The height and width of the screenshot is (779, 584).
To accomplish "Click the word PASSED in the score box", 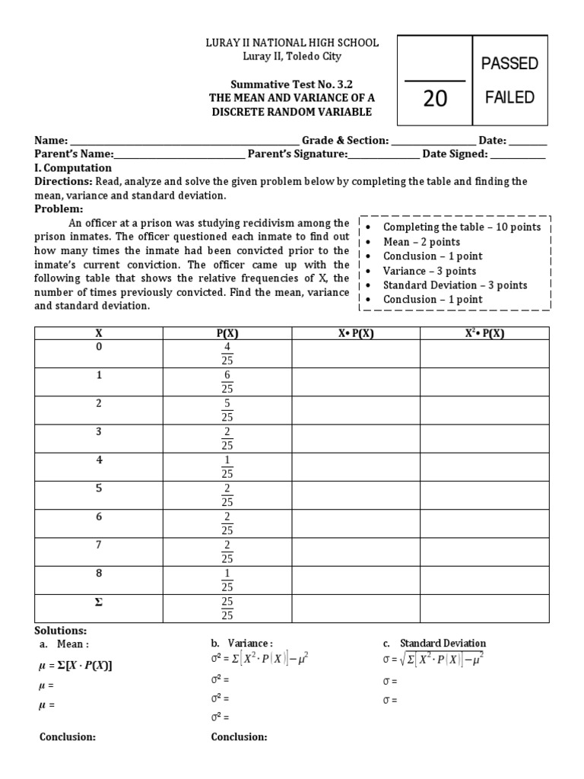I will pos(509,63).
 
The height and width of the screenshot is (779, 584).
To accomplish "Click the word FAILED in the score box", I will pos(509,97).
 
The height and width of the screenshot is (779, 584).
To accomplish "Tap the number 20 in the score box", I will pos(435,98).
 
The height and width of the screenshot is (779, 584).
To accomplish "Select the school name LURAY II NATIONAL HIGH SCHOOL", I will pos(292,43).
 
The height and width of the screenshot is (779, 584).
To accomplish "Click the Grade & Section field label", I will pos(345,140).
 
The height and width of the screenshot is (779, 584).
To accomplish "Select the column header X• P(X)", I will pos(356,332).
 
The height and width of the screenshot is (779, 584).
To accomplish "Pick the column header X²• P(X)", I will pos(484,332).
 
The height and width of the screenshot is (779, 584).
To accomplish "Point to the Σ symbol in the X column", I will pos(98,602).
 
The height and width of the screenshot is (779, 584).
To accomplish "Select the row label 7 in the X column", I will pos(98,545).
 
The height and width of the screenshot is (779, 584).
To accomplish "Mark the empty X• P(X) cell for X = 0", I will pos(356,353).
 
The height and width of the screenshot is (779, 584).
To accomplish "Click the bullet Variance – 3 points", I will pos(430,271).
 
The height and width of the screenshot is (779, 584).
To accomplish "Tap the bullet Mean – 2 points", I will pos(422,242).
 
